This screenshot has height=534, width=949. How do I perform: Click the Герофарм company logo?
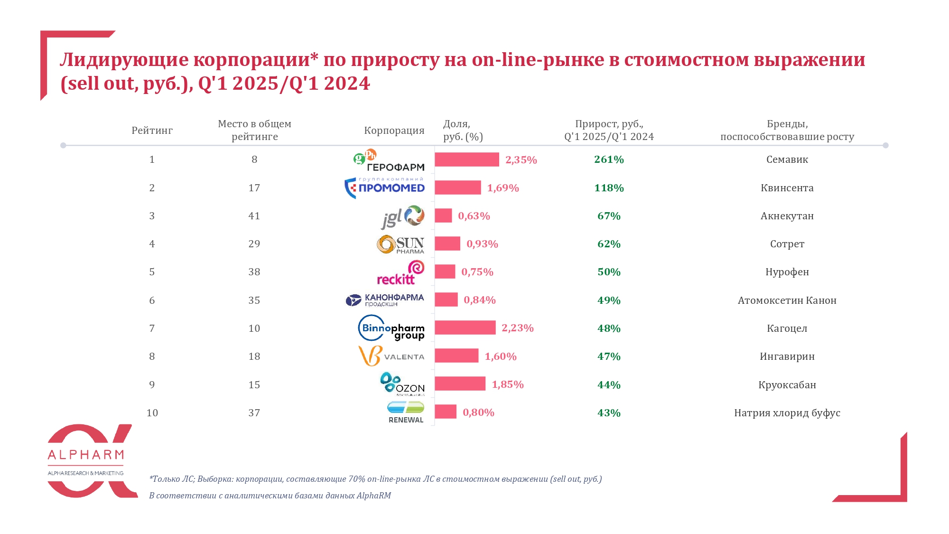(x=389, y=160)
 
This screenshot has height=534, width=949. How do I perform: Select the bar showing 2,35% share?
(x=466, y=159)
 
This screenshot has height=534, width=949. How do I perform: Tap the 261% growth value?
(x=609, y=159)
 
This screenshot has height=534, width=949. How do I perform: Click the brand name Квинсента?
(x=787, y=188)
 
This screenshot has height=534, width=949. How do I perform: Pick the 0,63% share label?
(x=474, y=216)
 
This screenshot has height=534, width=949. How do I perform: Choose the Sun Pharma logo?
(x=400, y=244)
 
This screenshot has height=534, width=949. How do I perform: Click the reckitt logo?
(x=400, y=272)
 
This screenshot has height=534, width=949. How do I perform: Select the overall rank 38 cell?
(x=254, y=272)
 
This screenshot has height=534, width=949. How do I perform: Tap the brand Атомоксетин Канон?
(x=787, y=300)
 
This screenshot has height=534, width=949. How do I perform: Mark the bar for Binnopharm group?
(x=465, y=328)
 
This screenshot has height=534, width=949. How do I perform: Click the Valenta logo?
(x=391, y=356)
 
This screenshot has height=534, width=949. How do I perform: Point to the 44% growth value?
(x=609, y=385)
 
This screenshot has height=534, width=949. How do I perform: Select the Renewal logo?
(x=405, y=412)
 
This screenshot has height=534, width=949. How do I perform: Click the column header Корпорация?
(x=394, y=131)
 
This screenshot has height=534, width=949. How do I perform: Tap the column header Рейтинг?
(x=152, y=131)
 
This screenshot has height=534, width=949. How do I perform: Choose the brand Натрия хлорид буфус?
(x=787, y=413)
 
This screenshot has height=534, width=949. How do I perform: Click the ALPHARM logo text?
(x=86, y=455)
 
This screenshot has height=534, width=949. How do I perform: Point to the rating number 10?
(x=152, y=413)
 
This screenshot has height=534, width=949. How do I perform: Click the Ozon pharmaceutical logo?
(x=402, y=384)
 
